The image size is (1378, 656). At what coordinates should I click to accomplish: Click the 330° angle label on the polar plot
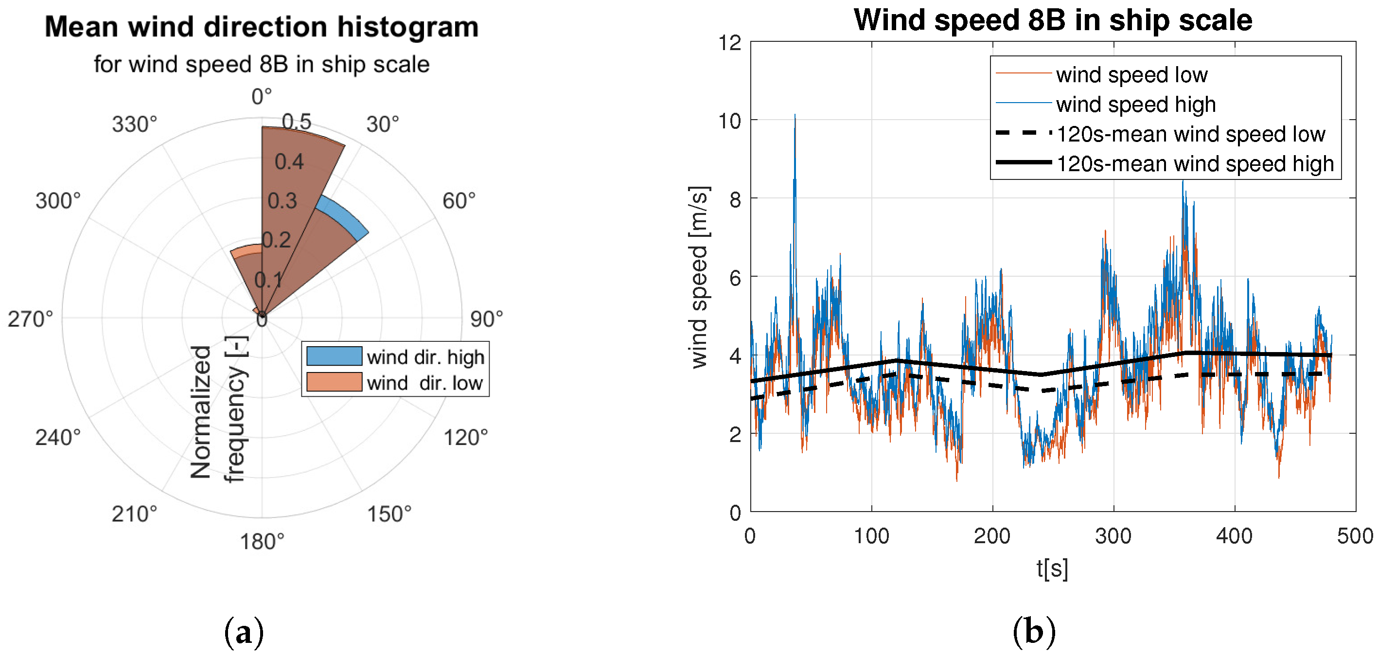[x=134, y=124]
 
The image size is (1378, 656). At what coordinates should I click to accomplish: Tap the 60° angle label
[x=459, y=201]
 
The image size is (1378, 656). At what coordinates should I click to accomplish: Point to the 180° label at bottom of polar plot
[x=262, y=542]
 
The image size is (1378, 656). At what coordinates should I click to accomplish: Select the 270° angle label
[x=31, y=319]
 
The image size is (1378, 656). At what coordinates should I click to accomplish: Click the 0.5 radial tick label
[x=296, y=122]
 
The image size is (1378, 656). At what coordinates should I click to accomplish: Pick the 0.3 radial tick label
[x=282, y=201]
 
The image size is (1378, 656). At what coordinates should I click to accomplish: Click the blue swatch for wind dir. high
[x=334, y=356]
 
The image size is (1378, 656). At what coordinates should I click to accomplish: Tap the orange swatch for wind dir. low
[x=334, y=383]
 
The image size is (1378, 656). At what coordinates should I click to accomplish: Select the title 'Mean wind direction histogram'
[x=262, y=27]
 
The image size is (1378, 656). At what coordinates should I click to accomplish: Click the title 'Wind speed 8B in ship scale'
[x=1052, y=20]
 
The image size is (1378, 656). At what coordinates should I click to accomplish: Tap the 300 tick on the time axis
[x=1113, y=535]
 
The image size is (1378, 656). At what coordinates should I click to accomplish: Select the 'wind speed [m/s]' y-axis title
[x=699, y=277]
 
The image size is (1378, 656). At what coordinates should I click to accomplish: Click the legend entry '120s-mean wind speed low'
[x=1190, y=134]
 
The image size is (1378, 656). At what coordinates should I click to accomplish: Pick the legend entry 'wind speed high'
[x=1135, y=105]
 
